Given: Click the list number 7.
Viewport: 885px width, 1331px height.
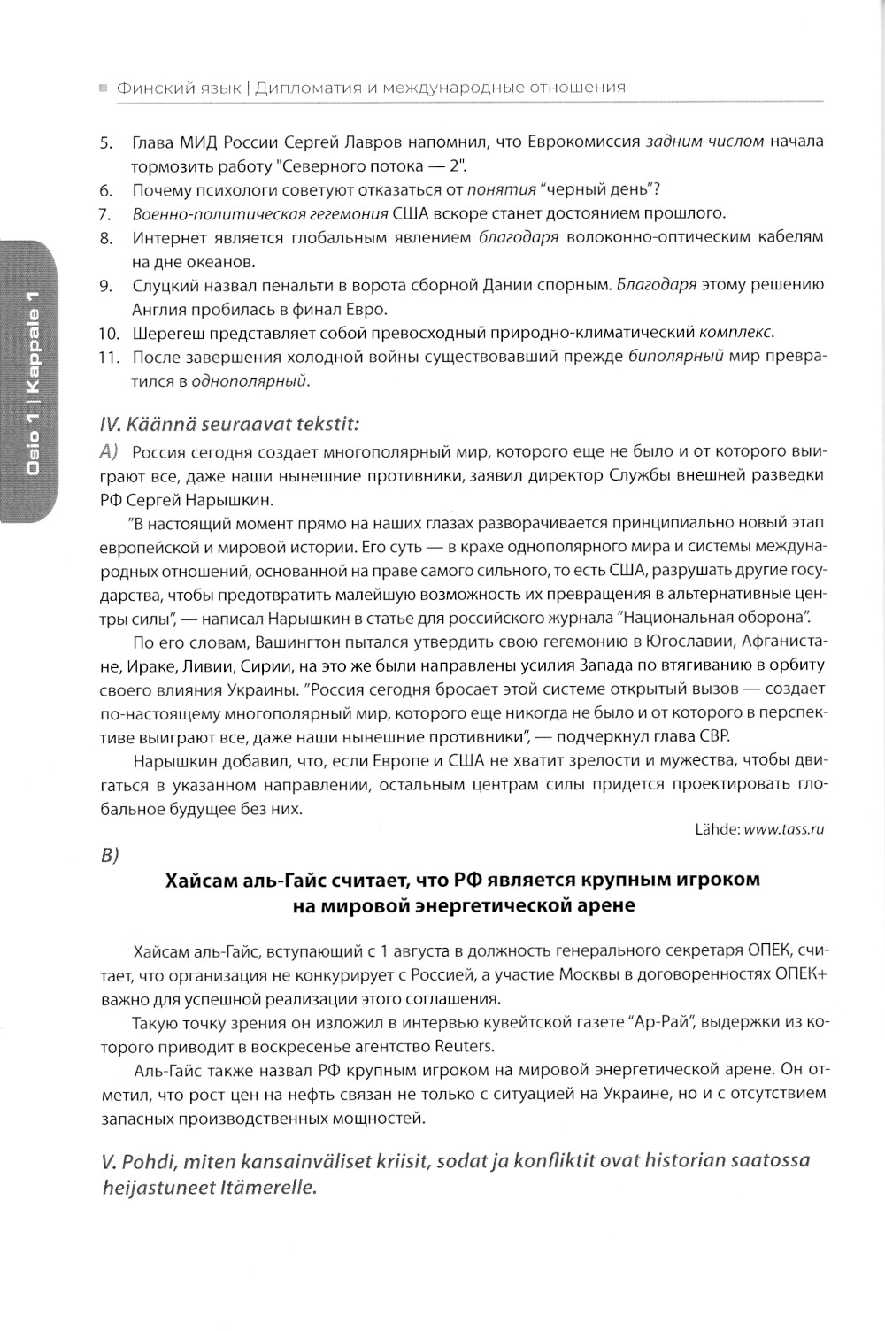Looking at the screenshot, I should (104, 214).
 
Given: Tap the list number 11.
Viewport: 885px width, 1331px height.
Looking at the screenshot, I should (108, 358).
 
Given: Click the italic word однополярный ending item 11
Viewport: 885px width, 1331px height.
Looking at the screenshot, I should (264, 381).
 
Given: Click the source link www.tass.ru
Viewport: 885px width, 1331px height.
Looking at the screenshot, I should (784, 829).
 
